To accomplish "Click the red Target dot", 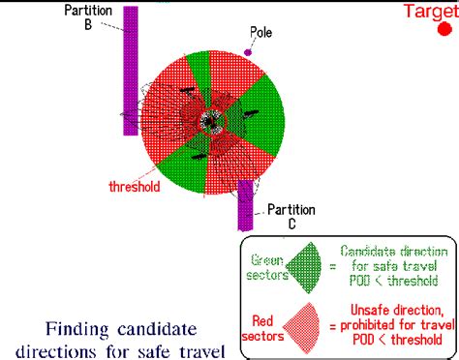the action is point(444,29).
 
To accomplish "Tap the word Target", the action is point(431,12).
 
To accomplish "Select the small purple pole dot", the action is point(248,52).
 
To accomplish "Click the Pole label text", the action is point(260,32).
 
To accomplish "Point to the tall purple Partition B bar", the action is point(131,71).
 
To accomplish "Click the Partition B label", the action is point(88,17).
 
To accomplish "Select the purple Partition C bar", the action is point(245,205).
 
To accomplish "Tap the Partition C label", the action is point(291,217).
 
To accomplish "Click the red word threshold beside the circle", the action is point(135,187).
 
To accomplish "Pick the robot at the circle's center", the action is point(212,122).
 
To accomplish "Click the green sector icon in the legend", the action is point(304,267).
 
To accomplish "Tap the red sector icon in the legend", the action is point(302,328).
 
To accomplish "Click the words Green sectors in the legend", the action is point(266,267).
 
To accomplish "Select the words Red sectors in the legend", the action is point(262,328).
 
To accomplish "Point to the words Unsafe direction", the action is point(396,310).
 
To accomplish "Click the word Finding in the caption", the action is point(76,329).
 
